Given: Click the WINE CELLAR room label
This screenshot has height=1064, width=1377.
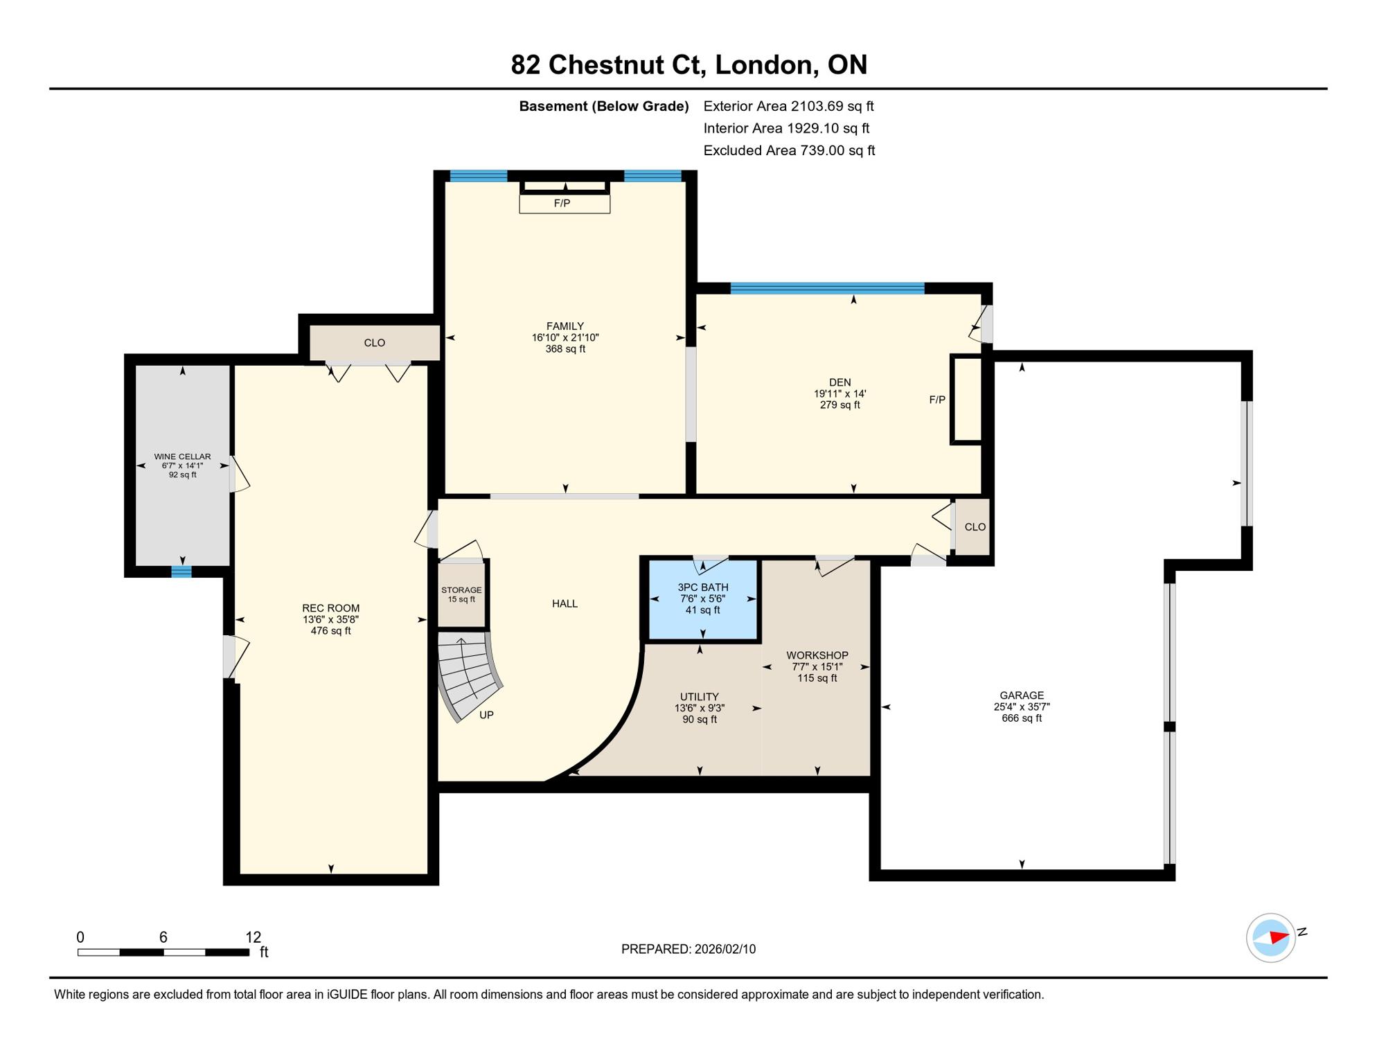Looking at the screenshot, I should coord(182,456).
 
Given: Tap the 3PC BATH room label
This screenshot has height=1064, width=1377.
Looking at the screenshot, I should coord(702,587).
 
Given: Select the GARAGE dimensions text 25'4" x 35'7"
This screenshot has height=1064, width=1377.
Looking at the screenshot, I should coord(1021,707).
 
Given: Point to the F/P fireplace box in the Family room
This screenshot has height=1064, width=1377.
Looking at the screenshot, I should coord(564,204).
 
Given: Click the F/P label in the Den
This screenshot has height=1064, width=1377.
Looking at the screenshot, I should coord(936,400).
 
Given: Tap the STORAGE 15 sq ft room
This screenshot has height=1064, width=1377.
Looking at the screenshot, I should coord(461,594).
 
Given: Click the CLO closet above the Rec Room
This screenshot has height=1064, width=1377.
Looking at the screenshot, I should coord(374,343).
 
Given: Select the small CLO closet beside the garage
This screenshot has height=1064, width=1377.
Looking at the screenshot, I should coord(974,527).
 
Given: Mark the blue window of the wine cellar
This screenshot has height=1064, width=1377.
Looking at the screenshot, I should coord(181,571).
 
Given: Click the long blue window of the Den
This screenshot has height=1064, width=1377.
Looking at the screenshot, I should coord(827,288).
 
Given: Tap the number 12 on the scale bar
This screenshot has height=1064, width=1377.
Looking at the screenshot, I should coord(253,937).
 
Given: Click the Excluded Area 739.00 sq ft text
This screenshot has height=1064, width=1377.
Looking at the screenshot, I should coord(788,150).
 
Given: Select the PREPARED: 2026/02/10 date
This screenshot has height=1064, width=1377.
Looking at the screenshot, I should coord(688,949).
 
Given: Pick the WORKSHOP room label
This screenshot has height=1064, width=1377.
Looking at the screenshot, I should coord(817,655).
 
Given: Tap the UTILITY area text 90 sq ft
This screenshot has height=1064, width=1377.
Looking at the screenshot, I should coord(699,720).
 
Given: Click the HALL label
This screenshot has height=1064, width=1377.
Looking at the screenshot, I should coord(565,604).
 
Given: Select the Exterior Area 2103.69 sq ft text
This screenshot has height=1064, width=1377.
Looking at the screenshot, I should coord(788,106).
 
